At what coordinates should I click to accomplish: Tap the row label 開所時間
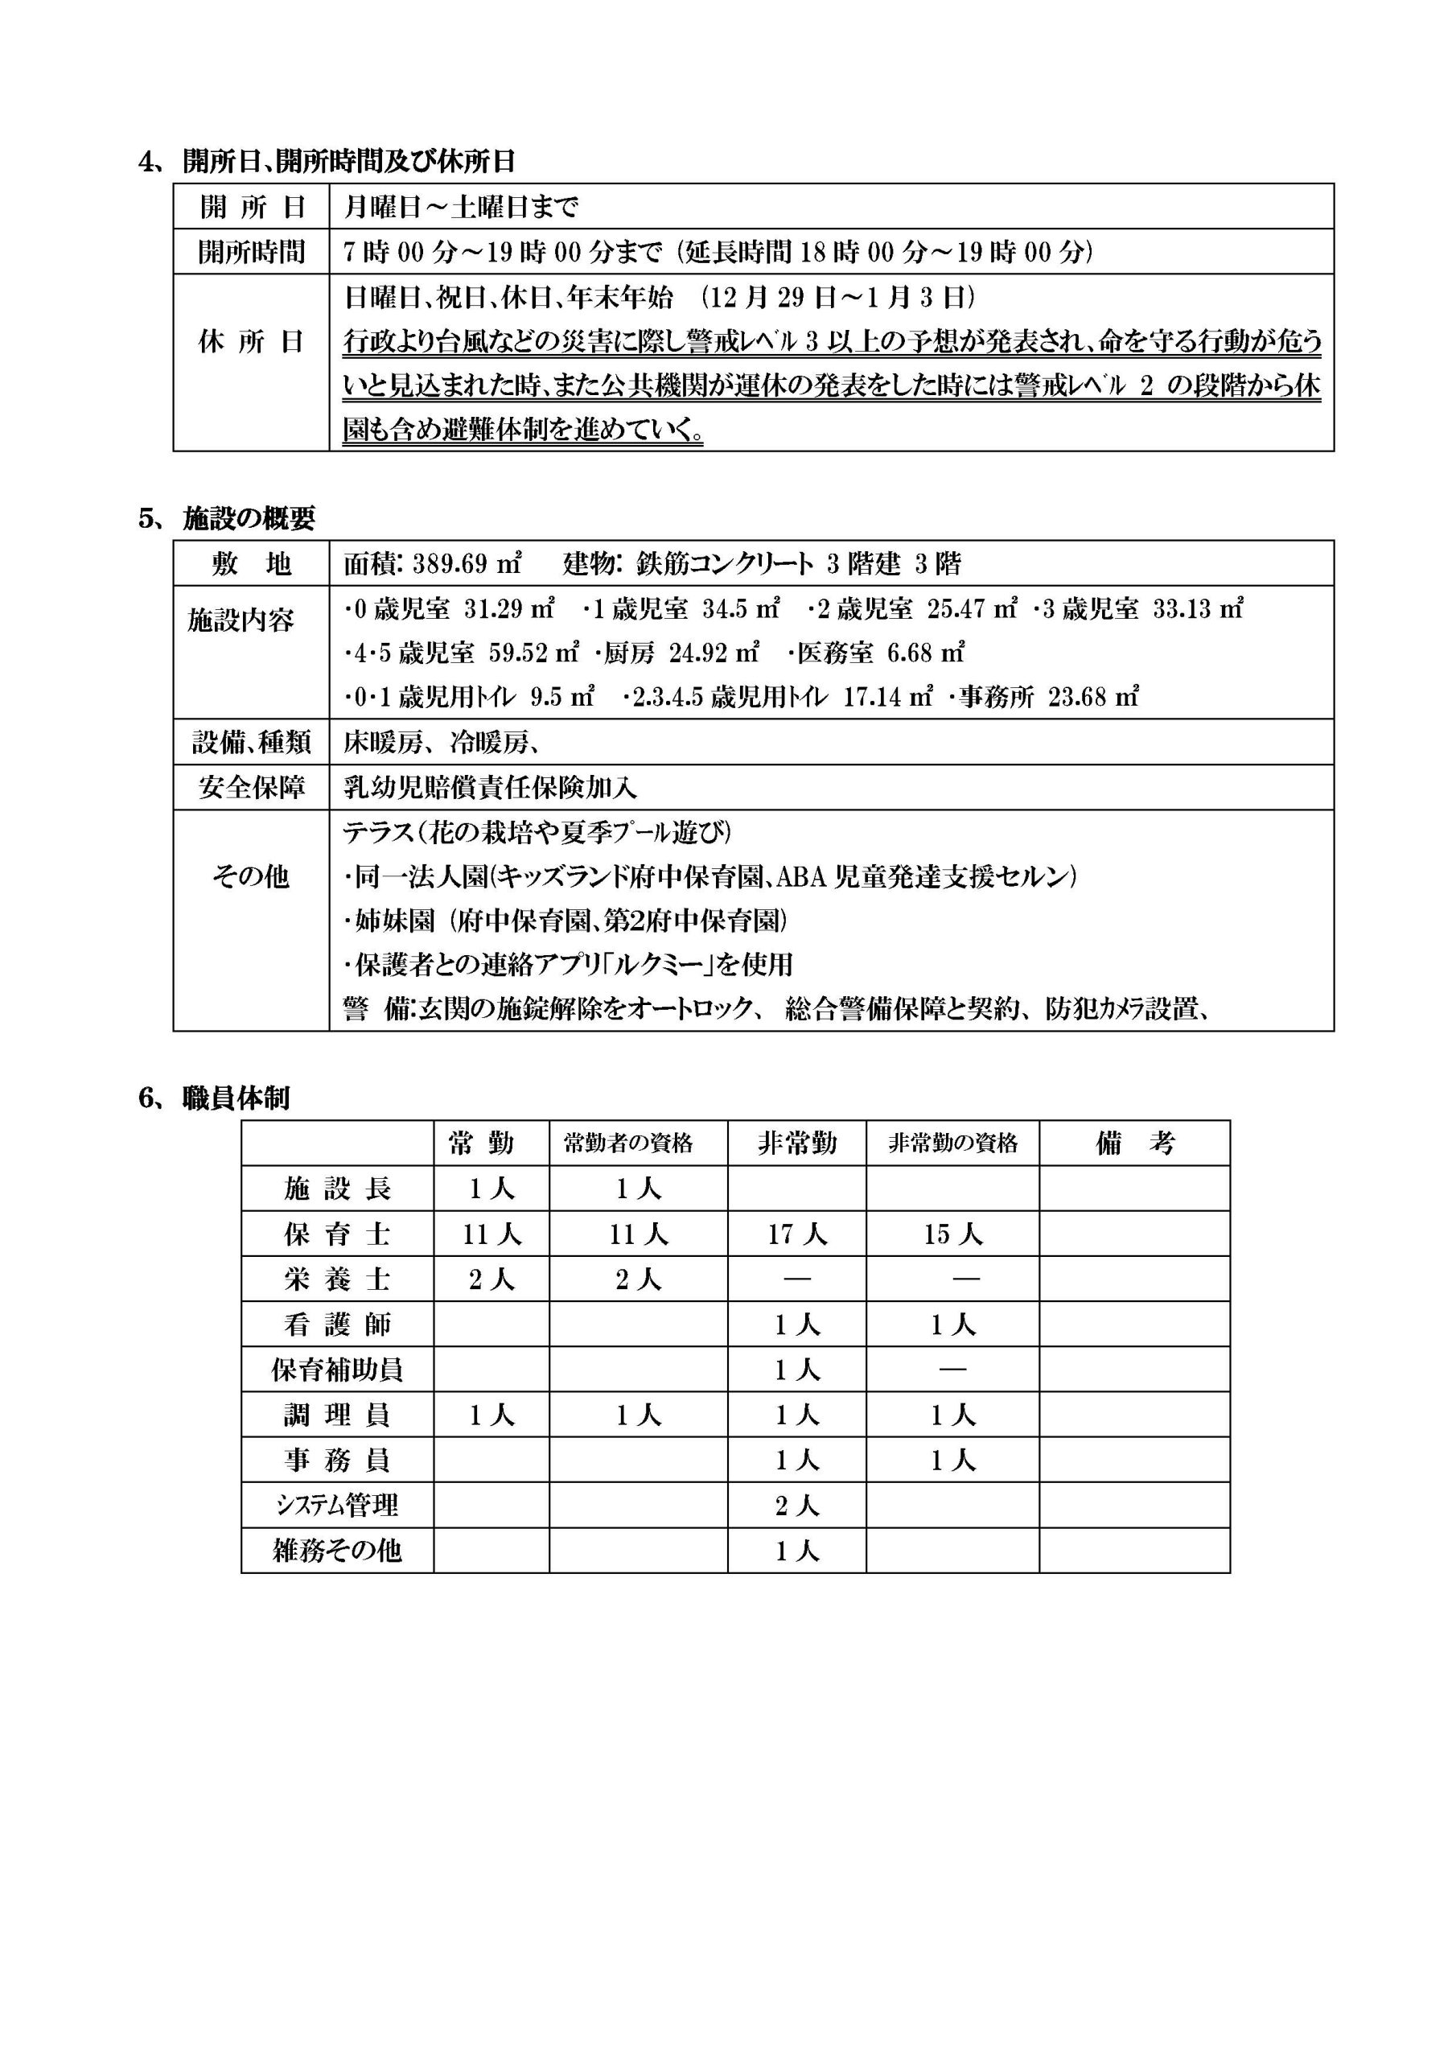coord(251,252)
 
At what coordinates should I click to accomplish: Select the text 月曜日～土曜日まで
coord(461,208)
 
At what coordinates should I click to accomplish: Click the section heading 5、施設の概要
coord(227,518)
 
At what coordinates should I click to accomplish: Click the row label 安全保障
coord(251,788)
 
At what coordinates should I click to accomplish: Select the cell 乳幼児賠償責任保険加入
coord(490,788)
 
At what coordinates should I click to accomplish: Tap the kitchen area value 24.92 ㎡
coord(714,653)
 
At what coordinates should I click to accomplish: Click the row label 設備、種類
coord(251,742)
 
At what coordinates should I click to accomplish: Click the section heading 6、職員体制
coord(215,1098)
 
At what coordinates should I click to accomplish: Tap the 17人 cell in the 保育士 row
coord(796,1234)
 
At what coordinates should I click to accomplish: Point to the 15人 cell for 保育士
coord(952,1234)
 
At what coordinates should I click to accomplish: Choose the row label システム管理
coord(337,1506)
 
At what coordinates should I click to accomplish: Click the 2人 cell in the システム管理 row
coord(796,1506)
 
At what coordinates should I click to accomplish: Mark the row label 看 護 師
coord(337,1325)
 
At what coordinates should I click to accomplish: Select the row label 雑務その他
coord(337,1551)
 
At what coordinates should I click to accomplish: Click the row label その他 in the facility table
coord(251,875)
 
